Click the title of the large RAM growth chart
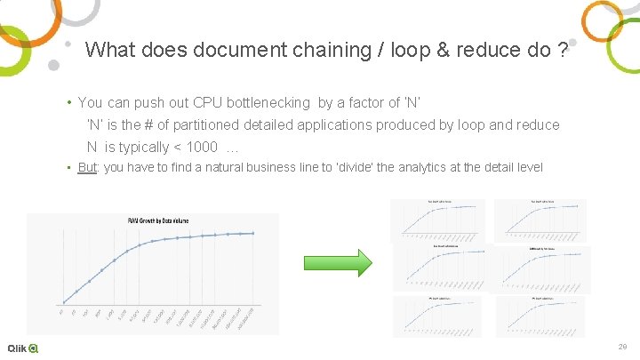(156, 220)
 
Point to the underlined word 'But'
(87, 168)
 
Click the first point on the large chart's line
(63, 302)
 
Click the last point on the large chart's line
(254, 233)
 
